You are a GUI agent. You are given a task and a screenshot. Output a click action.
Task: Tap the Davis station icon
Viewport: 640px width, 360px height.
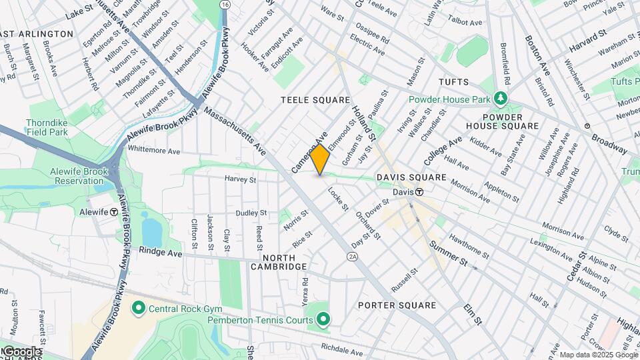[x=419, y=192]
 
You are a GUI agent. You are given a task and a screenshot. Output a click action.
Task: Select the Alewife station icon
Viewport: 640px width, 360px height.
[x=114, y=212]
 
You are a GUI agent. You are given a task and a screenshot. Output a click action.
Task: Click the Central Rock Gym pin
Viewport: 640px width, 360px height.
[x=139, y=308]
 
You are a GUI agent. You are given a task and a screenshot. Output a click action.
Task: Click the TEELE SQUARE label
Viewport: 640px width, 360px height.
[x=315, y=100]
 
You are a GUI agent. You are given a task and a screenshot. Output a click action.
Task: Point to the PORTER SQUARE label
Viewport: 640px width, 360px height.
[x=397, y=305]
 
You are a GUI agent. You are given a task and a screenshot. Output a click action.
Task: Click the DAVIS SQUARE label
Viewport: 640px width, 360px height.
[x=411, y=177]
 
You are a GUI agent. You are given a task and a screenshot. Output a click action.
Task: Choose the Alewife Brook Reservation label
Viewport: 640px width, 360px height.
[x=79, y=176]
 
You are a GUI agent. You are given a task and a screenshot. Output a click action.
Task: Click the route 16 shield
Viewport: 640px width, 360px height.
[x=225, y=5]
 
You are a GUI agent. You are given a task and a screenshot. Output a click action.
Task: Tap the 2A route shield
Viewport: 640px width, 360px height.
[x=353, y=256]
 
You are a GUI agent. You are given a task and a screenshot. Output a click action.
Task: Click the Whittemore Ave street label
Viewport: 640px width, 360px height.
[x=153, y=151]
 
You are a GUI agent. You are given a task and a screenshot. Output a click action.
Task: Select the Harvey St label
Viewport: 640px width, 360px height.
[x=240, y=179]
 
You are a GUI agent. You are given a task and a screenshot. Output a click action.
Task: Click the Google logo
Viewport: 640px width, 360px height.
[x=22, y=351]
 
